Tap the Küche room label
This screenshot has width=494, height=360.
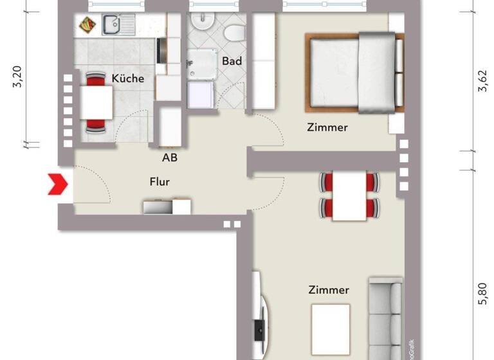pyautogui.click(x=128, y=78)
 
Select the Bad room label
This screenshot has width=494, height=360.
pyautogui.click(x=232, y=61)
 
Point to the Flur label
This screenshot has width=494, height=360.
pyautogui.click(x=160, y=182)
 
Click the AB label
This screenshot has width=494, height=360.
pyautogui.click(x=170, y=157)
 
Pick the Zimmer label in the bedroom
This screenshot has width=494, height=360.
pyautogui.click(x=327, y=127)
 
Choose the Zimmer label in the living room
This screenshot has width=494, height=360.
pyautogui.click(x=329, y=290)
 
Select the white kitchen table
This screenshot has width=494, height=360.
pyautogui.click(x=96, y=102)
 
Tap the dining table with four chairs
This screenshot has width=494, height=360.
pyautogui.click(x=349, y=195)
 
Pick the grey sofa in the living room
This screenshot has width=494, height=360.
pyautogui.click(x=385, y=314)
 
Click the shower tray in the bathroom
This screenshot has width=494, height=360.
pyautogui.click(x=201, y=67)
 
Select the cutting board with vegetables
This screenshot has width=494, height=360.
pyautogui.click(x=87, y=25)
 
